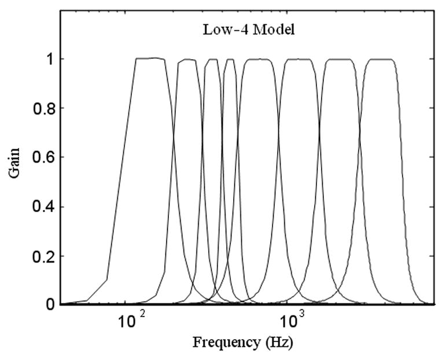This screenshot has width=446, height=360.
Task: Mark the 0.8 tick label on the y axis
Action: pos(40,108)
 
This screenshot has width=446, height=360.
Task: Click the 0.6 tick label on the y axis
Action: pos(40,157)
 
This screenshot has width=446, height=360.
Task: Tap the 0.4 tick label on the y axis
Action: pos(40,207)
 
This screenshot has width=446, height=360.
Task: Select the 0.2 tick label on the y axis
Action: pos(40,256)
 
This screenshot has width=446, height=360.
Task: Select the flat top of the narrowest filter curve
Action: pos(230,59)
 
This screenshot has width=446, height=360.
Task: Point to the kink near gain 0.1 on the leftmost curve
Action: pos(107,279)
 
